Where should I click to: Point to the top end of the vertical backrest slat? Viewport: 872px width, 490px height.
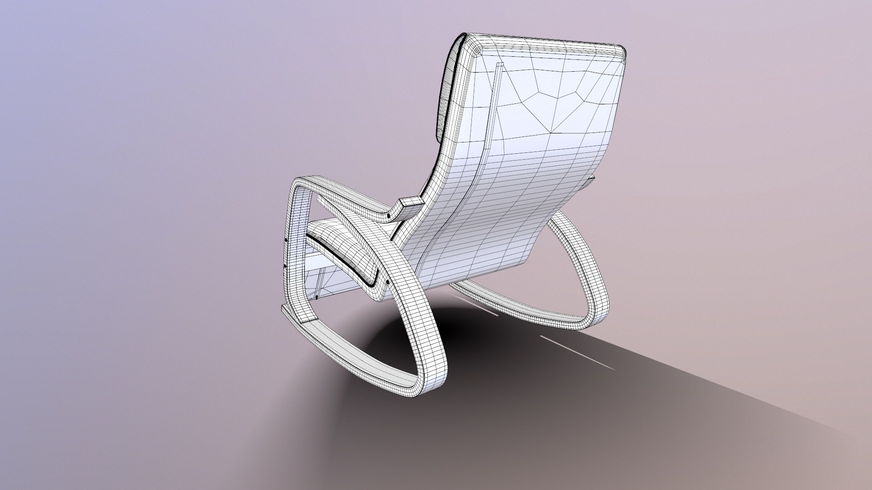(499, 66)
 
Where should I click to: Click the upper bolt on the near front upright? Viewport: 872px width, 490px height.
(286, 240)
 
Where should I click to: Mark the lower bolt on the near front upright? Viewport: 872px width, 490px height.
(285, 266)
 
